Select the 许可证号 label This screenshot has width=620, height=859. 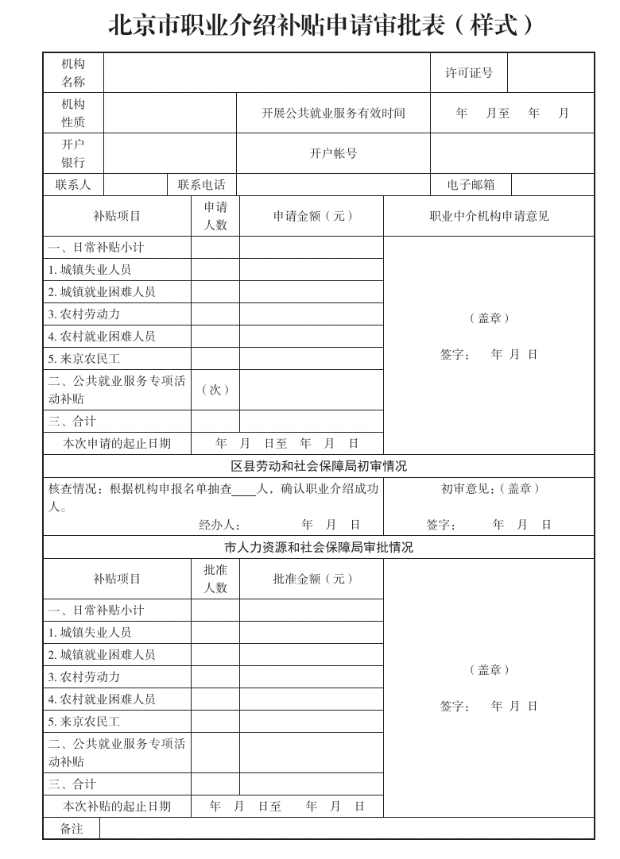click(x=468, y=73)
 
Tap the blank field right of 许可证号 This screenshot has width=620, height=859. click(x=550, y=73)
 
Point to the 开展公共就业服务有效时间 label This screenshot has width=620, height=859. click(x=333, y=114)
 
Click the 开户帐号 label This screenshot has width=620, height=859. click(x=333, y=154)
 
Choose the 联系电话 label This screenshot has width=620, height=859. click(x=201, y=185)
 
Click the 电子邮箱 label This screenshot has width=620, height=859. click(x=471, y=185)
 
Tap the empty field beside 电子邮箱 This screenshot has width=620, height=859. click(x=552, y=185)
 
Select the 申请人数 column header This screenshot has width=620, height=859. click(x=215, y=216)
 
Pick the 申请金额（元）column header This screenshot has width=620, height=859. click(x=312, y=216)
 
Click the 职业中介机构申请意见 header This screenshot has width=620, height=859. click(x=489, y=216)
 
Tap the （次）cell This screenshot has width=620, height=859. click(x=215, y=390)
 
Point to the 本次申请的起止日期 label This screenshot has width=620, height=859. click(x=117, y=444)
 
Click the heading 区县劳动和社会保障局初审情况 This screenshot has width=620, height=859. click(x=319, y=466)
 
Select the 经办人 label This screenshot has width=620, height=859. click(x=219, y=525)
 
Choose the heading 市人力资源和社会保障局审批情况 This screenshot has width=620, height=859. click(x=319, y=548)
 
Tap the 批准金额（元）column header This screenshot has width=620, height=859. click(x=312, y=579)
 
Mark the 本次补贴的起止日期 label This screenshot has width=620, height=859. click(x=117, y=807)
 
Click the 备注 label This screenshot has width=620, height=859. click(x=72, y=829)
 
